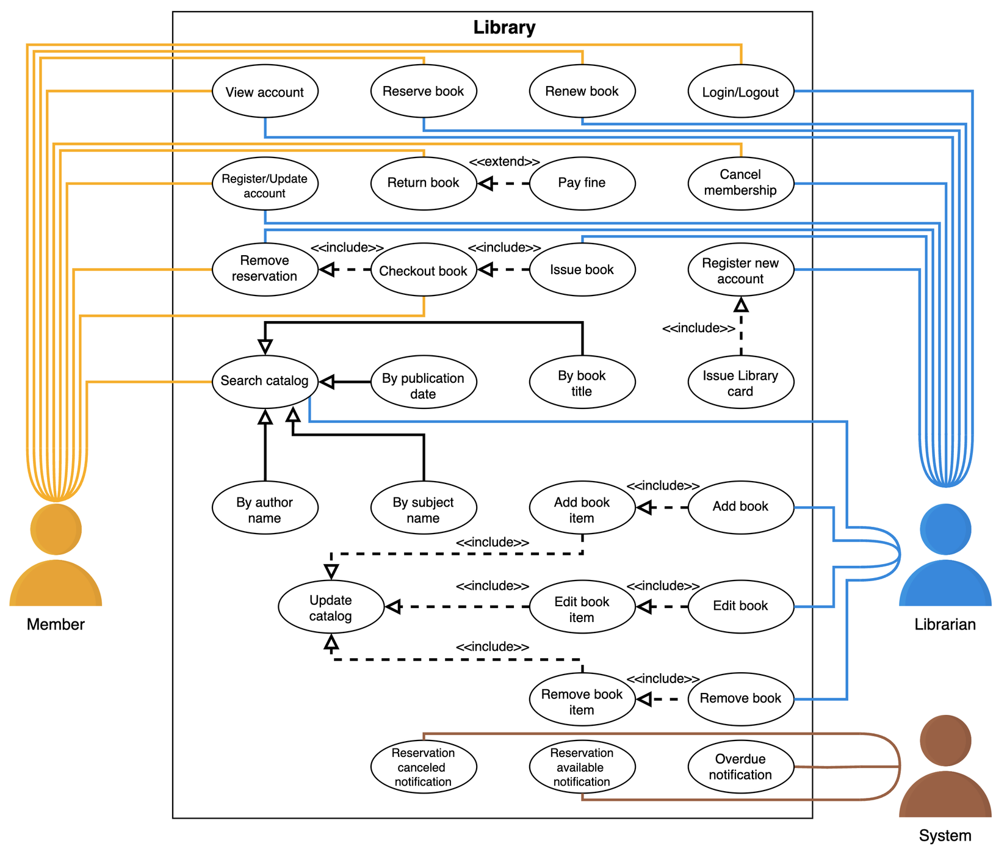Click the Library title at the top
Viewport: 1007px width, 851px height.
504,27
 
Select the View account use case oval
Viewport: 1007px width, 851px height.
265,92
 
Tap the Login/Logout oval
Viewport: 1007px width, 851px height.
740,92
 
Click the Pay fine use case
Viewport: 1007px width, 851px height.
582,183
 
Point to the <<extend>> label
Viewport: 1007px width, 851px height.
504,162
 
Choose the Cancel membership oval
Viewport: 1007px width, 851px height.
740,183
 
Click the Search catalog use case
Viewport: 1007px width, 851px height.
265,381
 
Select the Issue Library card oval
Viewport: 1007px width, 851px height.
740,383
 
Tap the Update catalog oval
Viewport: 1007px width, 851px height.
331,607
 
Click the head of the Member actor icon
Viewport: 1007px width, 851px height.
56,529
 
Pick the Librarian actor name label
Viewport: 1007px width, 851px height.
945,624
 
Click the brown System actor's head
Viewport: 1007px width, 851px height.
945,740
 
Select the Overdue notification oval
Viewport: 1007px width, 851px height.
740,766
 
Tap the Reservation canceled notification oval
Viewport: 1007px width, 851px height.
423,767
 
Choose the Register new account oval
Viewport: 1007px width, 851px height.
740,270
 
